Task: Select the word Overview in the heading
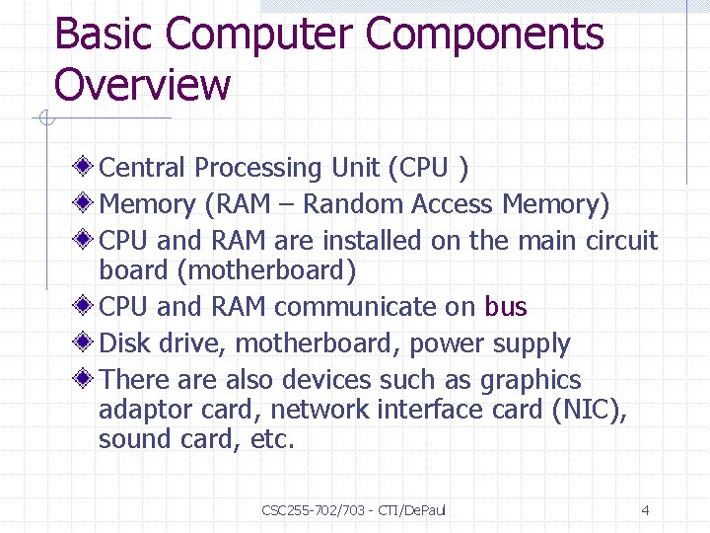[142, 84]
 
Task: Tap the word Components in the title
[484, 35]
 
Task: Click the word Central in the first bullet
[143, 168]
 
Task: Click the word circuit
[620, 240]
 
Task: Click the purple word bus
[506, 307]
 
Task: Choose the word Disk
[122, 343]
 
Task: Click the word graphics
[531, 380]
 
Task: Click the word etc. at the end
[273, 439]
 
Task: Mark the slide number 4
[645, 510]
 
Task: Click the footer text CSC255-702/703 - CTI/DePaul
[354, 510]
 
